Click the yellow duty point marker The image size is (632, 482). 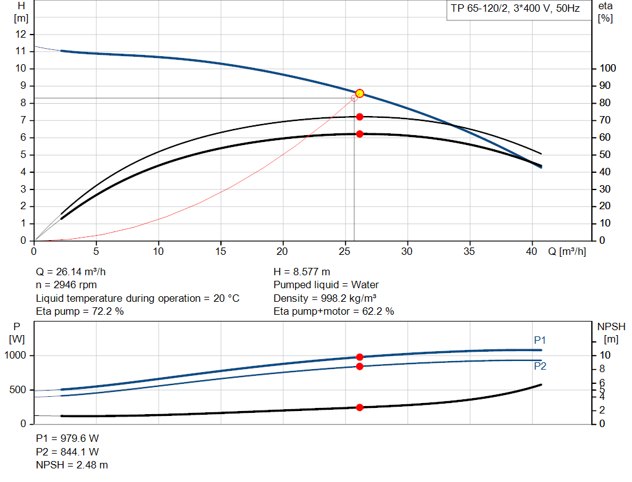point(360,93)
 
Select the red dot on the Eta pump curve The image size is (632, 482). point(360,117)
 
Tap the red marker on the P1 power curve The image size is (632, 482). point(360,357)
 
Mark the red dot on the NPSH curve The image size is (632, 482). point(360,407)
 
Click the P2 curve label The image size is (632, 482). point(540,367)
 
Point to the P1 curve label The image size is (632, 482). point(540,340)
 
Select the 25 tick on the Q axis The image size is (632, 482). point(345,252)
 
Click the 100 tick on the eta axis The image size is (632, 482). point(608,69)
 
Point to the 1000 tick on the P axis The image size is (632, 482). point(17,355)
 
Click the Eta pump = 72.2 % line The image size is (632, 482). point(80,312)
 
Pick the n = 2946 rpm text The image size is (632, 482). point(67,285)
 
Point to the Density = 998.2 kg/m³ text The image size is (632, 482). point(325,298)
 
